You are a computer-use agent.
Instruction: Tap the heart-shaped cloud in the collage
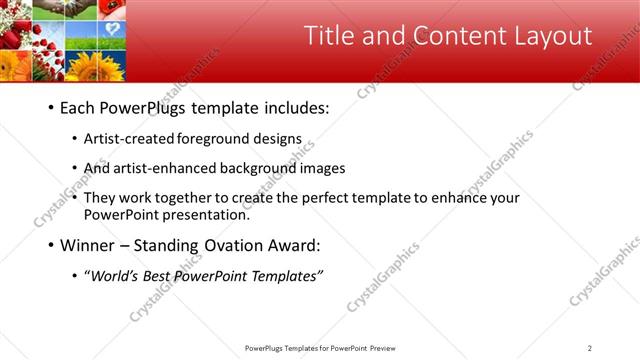click(x=112, y=29)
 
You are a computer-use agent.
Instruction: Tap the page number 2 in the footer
click(x=590, y=348)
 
